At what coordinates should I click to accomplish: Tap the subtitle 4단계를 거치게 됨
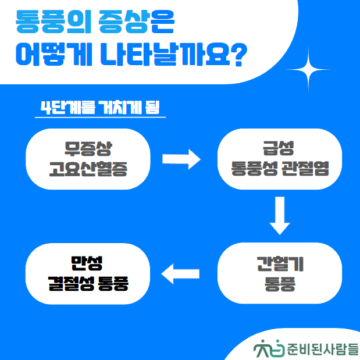coord(100,108)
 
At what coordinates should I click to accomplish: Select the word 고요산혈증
coord(87,169)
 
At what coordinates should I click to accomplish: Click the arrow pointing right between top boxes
coord(181,159)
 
